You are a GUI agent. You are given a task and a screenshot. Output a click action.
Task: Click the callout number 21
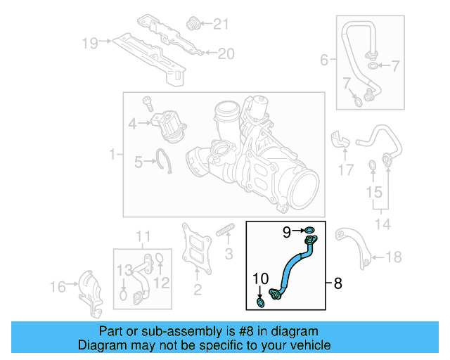221,25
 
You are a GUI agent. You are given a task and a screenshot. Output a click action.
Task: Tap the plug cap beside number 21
191,25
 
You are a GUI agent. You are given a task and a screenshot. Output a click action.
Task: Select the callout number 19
89,44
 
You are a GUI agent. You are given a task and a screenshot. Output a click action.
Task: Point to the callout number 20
225,53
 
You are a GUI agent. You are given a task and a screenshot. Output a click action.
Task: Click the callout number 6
324,60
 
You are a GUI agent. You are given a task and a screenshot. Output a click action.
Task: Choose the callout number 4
133,124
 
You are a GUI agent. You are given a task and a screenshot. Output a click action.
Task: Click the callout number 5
139,163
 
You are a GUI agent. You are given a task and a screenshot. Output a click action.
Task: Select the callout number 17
345,169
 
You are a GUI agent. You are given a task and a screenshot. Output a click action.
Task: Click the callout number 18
395,257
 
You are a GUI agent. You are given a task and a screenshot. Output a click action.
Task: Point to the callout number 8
337,284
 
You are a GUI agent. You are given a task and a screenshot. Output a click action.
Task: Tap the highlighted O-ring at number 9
310,230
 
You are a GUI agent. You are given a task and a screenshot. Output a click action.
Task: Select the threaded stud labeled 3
224,230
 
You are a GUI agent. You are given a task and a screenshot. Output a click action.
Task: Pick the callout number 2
198,289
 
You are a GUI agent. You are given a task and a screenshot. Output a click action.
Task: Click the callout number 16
58,286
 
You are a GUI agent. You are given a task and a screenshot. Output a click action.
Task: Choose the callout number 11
143,236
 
